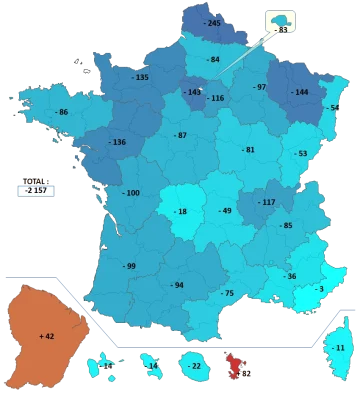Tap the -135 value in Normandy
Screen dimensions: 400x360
[x=140, y=77]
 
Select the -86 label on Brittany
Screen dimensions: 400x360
[x=62, y=111]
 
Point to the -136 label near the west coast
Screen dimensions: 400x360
[x=118, y=142]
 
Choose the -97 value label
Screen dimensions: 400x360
[x=259, y=87]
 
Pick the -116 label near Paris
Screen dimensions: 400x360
[x=215, y=98]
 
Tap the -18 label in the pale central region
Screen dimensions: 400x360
[x=180, y=211]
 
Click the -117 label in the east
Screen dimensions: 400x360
[x=265, y=202]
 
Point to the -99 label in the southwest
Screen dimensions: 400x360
[x=128, y=266]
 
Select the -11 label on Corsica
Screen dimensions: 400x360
[x=339, y=347]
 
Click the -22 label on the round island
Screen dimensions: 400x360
[x=194, y=366]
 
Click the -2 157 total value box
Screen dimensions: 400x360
[x=36, y=190]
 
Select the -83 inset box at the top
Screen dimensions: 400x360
[x=281, y=25]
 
